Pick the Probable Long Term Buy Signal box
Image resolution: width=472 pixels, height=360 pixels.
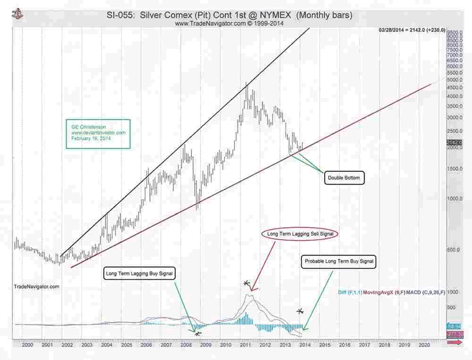coord(339,260)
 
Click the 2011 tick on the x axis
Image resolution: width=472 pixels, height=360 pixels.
coord(243,344)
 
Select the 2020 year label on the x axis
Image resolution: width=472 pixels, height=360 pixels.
coord(423,344)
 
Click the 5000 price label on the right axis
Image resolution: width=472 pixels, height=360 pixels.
coord(454,80)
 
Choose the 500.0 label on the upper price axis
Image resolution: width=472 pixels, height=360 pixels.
coord(453,250)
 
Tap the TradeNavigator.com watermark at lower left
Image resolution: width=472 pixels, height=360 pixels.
coord(35,286)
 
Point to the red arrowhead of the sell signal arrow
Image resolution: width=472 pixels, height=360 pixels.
coord(252,290)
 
